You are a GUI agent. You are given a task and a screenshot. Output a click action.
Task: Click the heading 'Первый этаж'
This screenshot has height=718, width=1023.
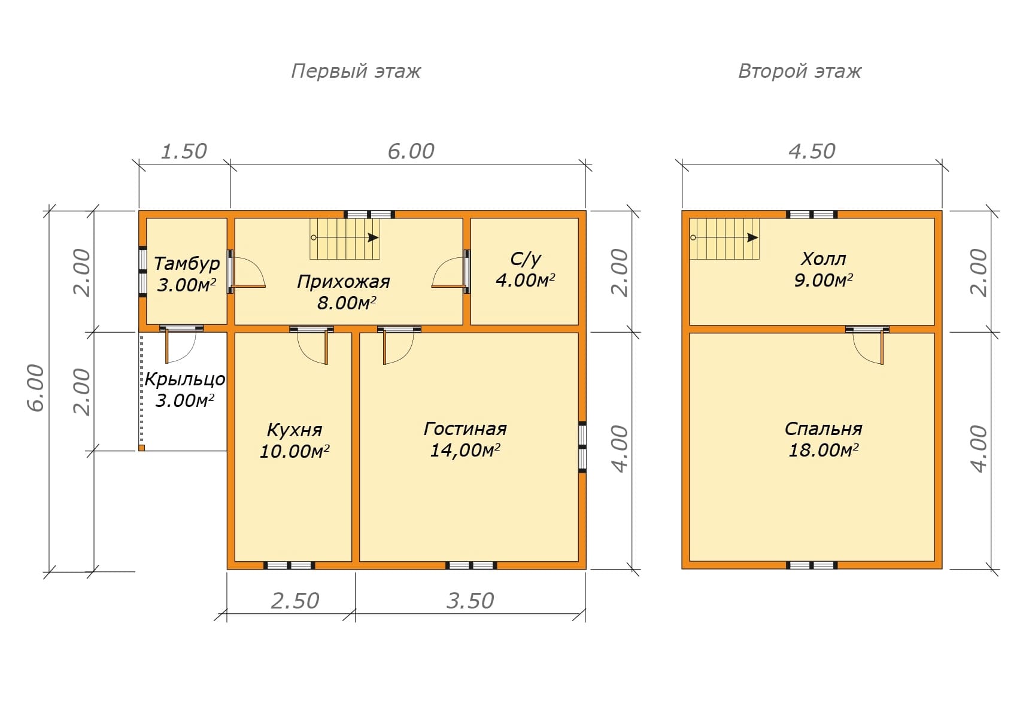click(356, 71)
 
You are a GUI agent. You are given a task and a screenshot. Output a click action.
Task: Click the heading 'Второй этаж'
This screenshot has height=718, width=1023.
click(800, 71)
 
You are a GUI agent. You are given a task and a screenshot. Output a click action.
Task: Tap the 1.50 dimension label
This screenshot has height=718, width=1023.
click(184, 151)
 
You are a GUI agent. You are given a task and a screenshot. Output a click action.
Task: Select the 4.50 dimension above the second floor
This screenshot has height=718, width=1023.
click(812, 151)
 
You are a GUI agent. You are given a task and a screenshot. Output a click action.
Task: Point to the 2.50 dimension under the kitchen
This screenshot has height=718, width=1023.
click(295, 601)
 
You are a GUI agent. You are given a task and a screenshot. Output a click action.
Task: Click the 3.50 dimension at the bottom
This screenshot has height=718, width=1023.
click(470, 601)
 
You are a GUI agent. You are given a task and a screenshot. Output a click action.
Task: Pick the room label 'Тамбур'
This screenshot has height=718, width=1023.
click(187, 263)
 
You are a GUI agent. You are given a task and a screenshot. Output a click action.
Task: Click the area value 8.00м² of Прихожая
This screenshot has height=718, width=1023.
click(347, 303)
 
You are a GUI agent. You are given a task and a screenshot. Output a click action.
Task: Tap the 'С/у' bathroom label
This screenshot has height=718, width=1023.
click(526, 258)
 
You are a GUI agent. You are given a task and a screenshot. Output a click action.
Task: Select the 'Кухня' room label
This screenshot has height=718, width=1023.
click(295, 430)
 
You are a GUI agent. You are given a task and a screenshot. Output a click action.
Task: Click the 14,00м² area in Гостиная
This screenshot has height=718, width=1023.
click(465, 450)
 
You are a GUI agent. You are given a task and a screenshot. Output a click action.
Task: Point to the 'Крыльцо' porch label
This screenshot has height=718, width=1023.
click(184, 379)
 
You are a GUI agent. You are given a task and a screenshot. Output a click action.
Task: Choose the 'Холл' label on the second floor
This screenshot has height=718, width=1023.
click(823, 258)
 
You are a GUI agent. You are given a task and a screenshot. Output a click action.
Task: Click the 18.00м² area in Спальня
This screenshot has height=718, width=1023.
click(823, 450)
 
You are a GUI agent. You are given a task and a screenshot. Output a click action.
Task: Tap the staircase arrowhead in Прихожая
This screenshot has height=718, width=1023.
click(374, 238)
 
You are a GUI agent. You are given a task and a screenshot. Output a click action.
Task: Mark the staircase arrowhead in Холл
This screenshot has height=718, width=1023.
click(753, 238)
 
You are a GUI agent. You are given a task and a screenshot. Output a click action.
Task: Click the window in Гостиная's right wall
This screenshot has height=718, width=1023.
click(582, 447)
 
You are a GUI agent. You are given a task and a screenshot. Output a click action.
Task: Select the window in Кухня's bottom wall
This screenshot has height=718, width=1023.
click(290, 565)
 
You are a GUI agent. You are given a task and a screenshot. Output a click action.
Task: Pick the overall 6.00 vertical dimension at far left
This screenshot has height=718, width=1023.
click(37, 388)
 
